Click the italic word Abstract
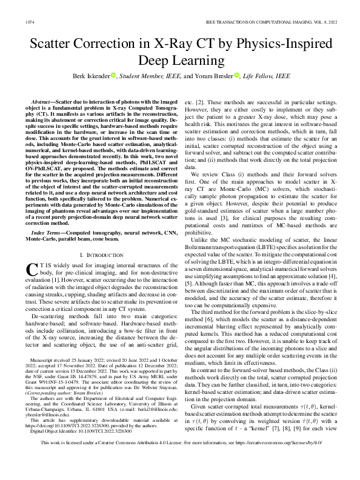pyautogui.click(x=43, y=97)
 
